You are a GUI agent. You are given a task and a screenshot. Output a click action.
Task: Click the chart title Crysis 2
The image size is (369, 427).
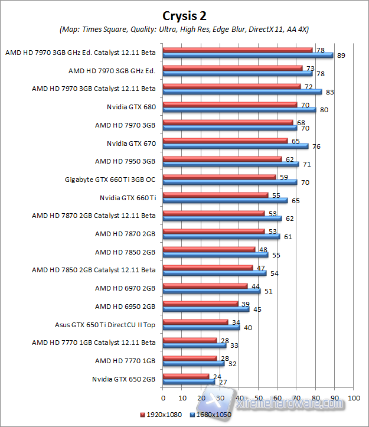tap(184, 15)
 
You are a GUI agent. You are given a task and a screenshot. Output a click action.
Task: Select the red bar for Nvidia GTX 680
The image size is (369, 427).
tap(230, 105)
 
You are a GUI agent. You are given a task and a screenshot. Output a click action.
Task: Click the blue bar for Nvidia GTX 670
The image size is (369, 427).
tap(235, 146)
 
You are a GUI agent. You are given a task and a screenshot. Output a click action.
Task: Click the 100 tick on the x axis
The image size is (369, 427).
tap(353, 398)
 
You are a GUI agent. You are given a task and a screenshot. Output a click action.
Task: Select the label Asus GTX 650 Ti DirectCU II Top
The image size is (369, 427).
tap(105, 324)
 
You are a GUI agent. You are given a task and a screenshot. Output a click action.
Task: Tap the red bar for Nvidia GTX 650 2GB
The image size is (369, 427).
tap(185, 376)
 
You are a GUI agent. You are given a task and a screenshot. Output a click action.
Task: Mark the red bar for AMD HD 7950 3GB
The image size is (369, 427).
tap(221, 159)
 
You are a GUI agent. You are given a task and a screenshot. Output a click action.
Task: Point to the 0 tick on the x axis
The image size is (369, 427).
tap(162, 398)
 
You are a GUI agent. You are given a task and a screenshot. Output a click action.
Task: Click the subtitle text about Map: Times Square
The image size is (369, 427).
tap(184, 29)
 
